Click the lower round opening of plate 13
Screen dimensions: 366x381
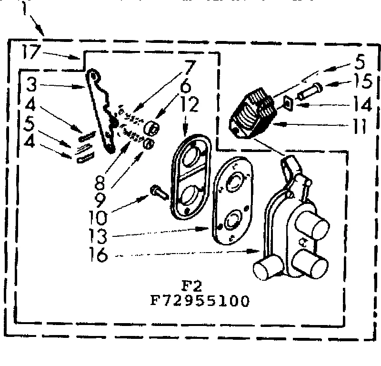pos(233,221)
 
